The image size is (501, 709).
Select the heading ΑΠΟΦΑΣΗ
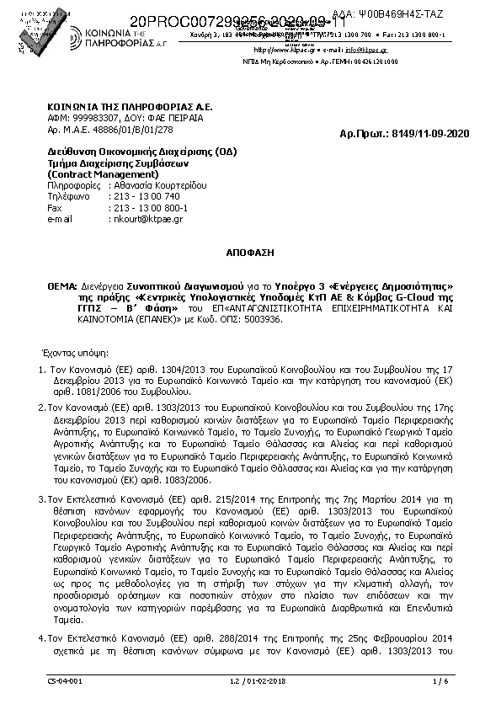[x=250, y=252]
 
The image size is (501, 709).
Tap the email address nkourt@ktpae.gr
[x=147, y=219]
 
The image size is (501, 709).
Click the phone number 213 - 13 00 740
[x=146, y=195]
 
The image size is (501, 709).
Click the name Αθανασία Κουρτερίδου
[x=158, y=184]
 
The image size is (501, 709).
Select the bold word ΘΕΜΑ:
[x=62, y=286]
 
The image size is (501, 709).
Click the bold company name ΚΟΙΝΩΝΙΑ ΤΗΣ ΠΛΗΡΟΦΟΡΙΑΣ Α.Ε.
[x=130, y=108]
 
